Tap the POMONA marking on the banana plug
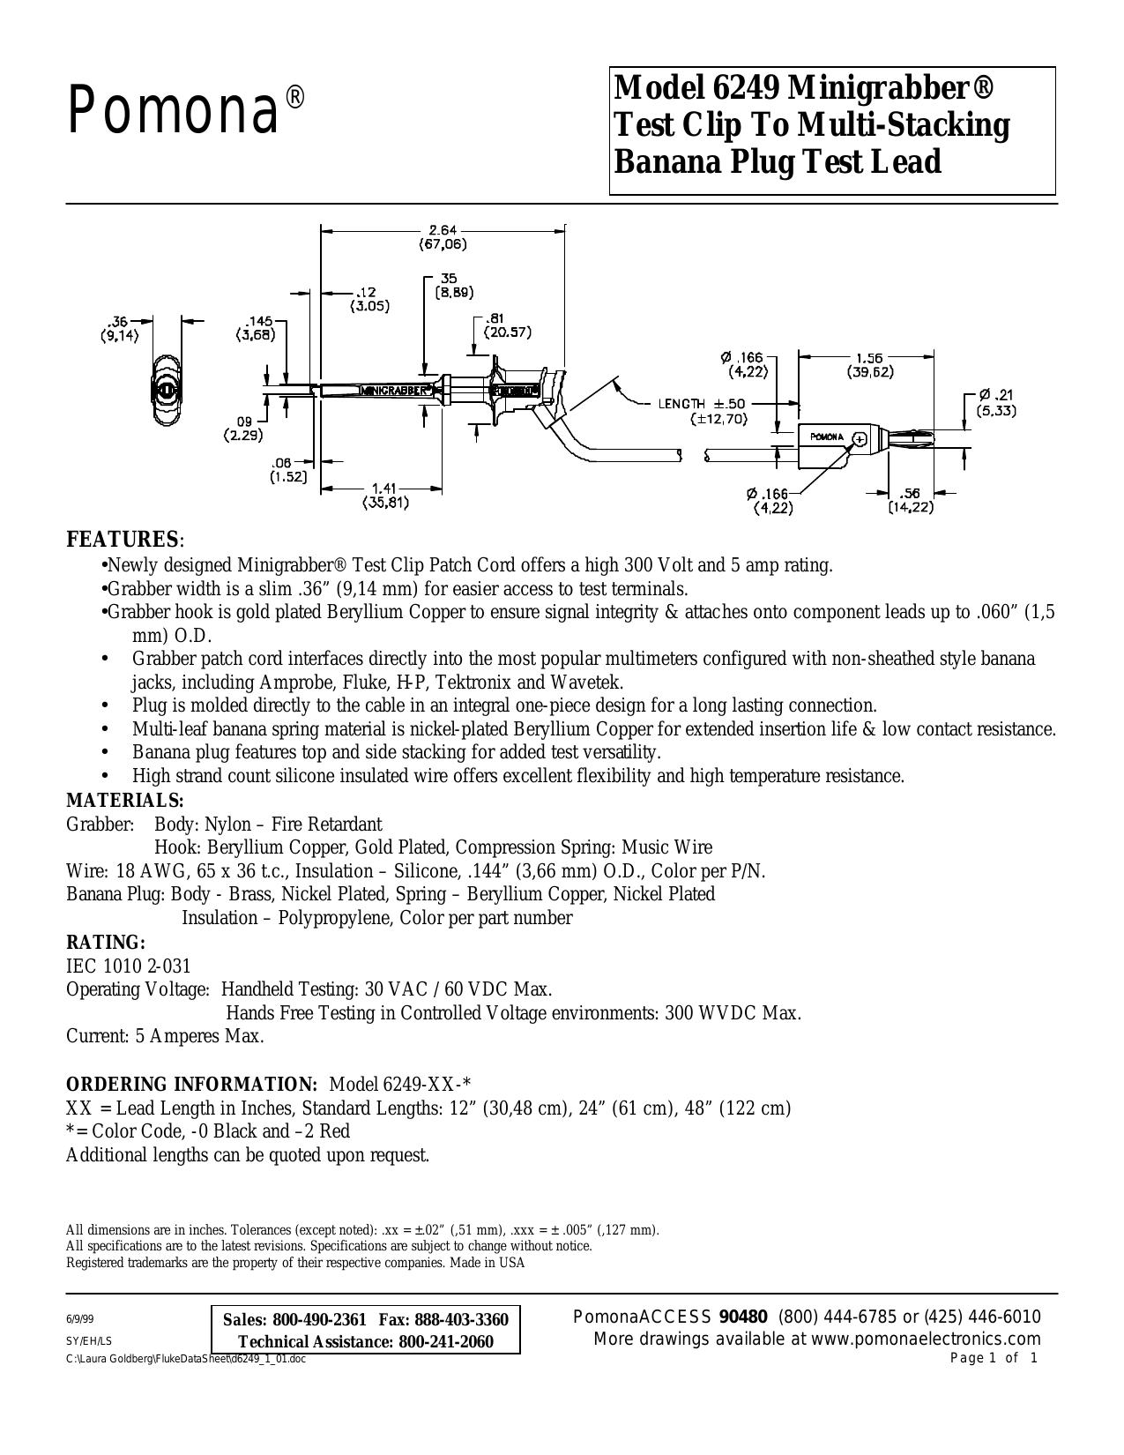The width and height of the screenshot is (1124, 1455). click(x=827, y=437)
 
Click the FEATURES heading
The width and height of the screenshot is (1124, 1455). click(x=124, y=539)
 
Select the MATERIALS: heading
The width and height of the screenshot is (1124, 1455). click(x=124, y=800)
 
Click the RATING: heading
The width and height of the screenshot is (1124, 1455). click(x=105, y=942)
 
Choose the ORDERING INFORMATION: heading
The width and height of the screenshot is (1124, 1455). click(x=191, y=1084)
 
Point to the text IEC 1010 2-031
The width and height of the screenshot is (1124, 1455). click(x=129, y=966)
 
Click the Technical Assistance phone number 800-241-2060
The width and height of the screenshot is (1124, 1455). click(x=446, y=1341)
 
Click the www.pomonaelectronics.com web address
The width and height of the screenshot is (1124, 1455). click(x=926, y=1339)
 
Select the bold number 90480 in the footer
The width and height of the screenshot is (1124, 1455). click(x=743, y=1317)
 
